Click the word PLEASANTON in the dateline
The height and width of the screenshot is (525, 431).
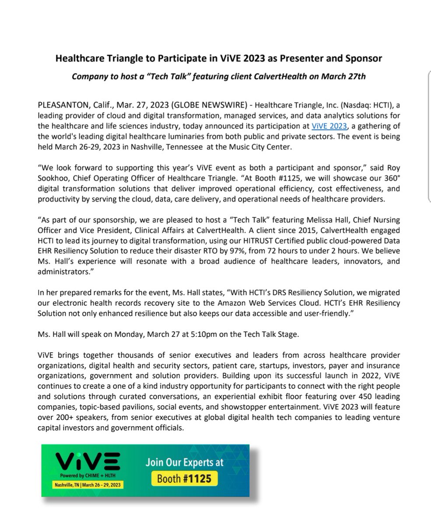click(x=64, y=106)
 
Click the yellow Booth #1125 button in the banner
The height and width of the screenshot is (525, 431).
click(x=184, y=478)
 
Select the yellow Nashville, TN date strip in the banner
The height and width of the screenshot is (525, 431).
click(x=88, y=485)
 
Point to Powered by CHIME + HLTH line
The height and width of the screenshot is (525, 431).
click(x=88, y=476)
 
